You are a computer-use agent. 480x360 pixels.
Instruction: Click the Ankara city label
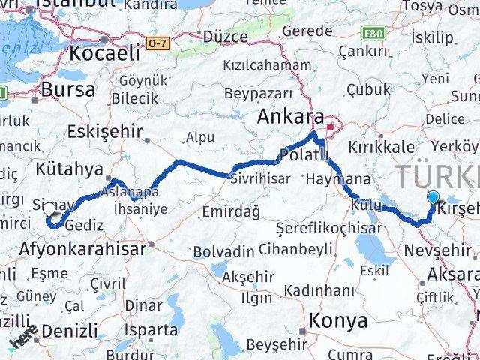pyautogui.click(x=289, y=117)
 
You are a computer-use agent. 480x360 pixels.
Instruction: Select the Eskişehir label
pyautogui.click(x=104, y=132)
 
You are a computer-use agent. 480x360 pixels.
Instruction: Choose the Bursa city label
pyautogui.click(x=67, y=89)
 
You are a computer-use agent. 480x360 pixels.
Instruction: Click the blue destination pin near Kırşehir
pyautogui.click(x=433, y=198)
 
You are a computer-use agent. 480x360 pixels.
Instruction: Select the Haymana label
pyautogui.click(x=338, y=179)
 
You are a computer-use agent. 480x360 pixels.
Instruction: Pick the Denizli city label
pyautogui.click(x=69, y=329)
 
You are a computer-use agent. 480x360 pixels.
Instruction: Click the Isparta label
pyautogui.click(x=152, y=328)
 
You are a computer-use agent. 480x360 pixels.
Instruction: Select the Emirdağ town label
pyautogui.click(x=229, y=213)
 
